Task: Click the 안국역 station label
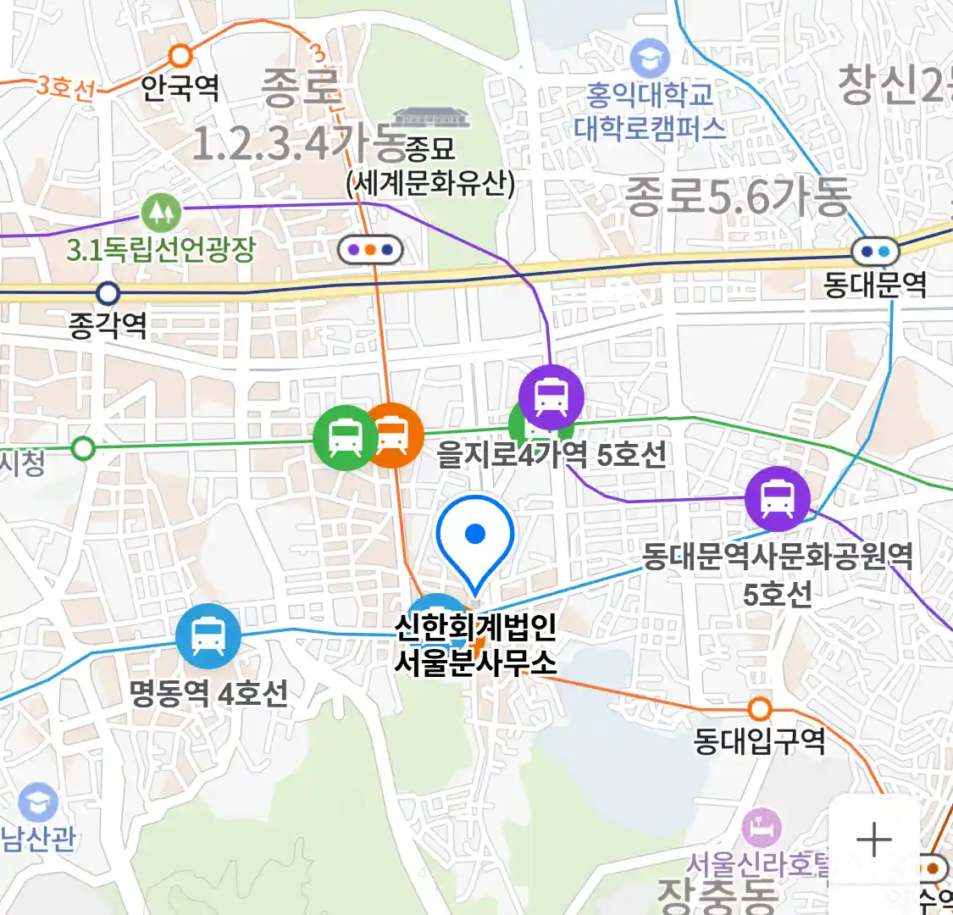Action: coord(180,87)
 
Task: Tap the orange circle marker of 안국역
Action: coord(180,57)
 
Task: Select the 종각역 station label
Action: coord(108,325)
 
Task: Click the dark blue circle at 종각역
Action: coord(108,294)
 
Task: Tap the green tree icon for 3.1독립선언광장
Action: coord(161,212)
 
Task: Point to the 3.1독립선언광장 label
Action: coord(161,249)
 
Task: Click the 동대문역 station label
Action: coord(875,285)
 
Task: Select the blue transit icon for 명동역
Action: coord(208,636)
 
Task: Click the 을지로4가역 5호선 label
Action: coord(551,455)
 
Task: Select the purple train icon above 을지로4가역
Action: coord(551,396)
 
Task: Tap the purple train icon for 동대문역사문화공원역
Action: coord(777,498)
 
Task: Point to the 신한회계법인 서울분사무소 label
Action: coord(476,644)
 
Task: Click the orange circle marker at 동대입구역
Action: coord(760,708)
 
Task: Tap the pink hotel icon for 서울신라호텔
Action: coord(761,828)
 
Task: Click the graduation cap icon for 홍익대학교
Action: coord(651,58)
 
